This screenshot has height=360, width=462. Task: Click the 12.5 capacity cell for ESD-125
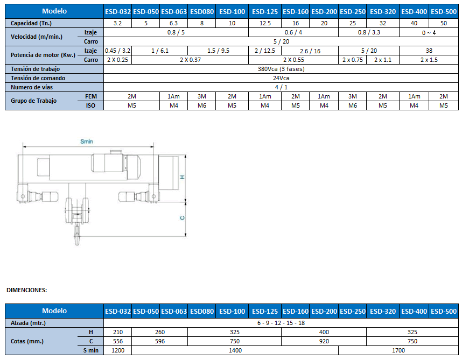[265, 23]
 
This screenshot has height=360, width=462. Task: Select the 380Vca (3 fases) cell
[281, 69]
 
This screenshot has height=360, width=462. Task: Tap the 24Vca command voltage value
[281, 78]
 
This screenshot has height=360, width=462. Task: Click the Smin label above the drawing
[87, 142]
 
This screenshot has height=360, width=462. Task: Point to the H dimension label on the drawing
[183, 177]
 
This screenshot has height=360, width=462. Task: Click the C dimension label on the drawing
[183, 218]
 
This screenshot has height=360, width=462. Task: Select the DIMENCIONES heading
[26, 290]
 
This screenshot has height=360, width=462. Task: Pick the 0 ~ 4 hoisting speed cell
[429, 32]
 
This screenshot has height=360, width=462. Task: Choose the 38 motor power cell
[429, 51]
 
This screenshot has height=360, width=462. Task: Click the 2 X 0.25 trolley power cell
[117, 60]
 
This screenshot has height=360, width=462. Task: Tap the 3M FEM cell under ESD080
[202, 96]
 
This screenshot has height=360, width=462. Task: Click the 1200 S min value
[118, 350]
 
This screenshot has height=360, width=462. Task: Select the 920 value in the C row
[324, 341]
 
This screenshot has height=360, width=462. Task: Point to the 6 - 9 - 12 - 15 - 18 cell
[281, 323]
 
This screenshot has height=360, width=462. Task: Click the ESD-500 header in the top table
[444, 12]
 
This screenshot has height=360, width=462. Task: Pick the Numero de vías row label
[32, 87]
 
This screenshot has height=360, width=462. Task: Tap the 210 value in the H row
[118, 332]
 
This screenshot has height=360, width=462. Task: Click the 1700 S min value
[398, 350]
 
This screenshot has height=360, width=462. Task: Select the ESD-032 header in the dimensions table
[118, 311]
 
